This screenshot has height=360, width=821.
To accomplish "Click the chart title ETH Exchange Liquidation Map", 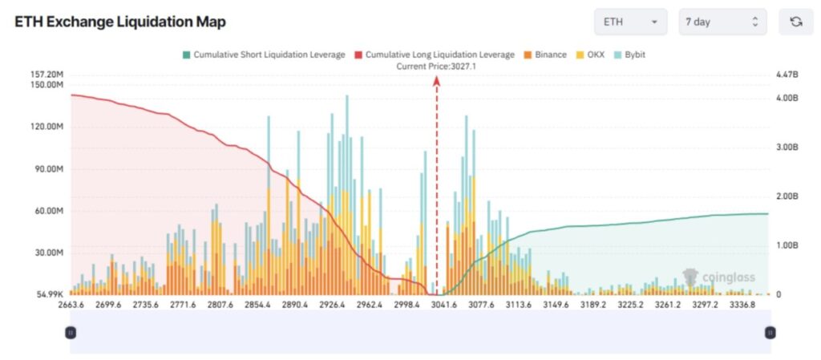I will (120, 22).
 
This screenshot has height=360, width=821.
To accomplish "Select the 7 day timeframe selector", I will (722, 22).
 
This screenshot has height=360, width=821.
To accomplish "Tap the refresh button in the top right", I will (795, 22).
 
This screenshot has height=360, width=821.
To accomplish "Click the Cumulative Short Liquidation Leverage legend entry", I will (264, 55).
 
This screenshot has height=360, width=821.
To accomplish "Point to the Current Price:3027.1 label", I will (436, 67).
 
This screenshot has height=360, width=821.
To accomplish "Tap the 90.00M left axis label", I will (47, 169).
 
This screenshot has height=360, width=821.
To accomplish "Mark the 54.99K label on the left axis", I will (49, 295).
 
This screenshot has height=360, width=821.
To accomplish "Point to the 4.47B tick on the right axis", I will (787, 75).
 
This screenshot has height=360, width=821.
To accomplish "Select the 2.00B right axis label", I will (787, 196).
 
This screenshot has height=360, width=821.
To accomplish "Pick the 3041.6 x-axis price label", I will (443, 305).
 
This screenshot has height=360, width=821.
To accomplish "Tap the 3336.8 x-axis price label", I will (742, 305).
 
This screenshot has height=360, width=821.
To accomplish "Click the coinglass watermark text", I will (728, 278).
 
